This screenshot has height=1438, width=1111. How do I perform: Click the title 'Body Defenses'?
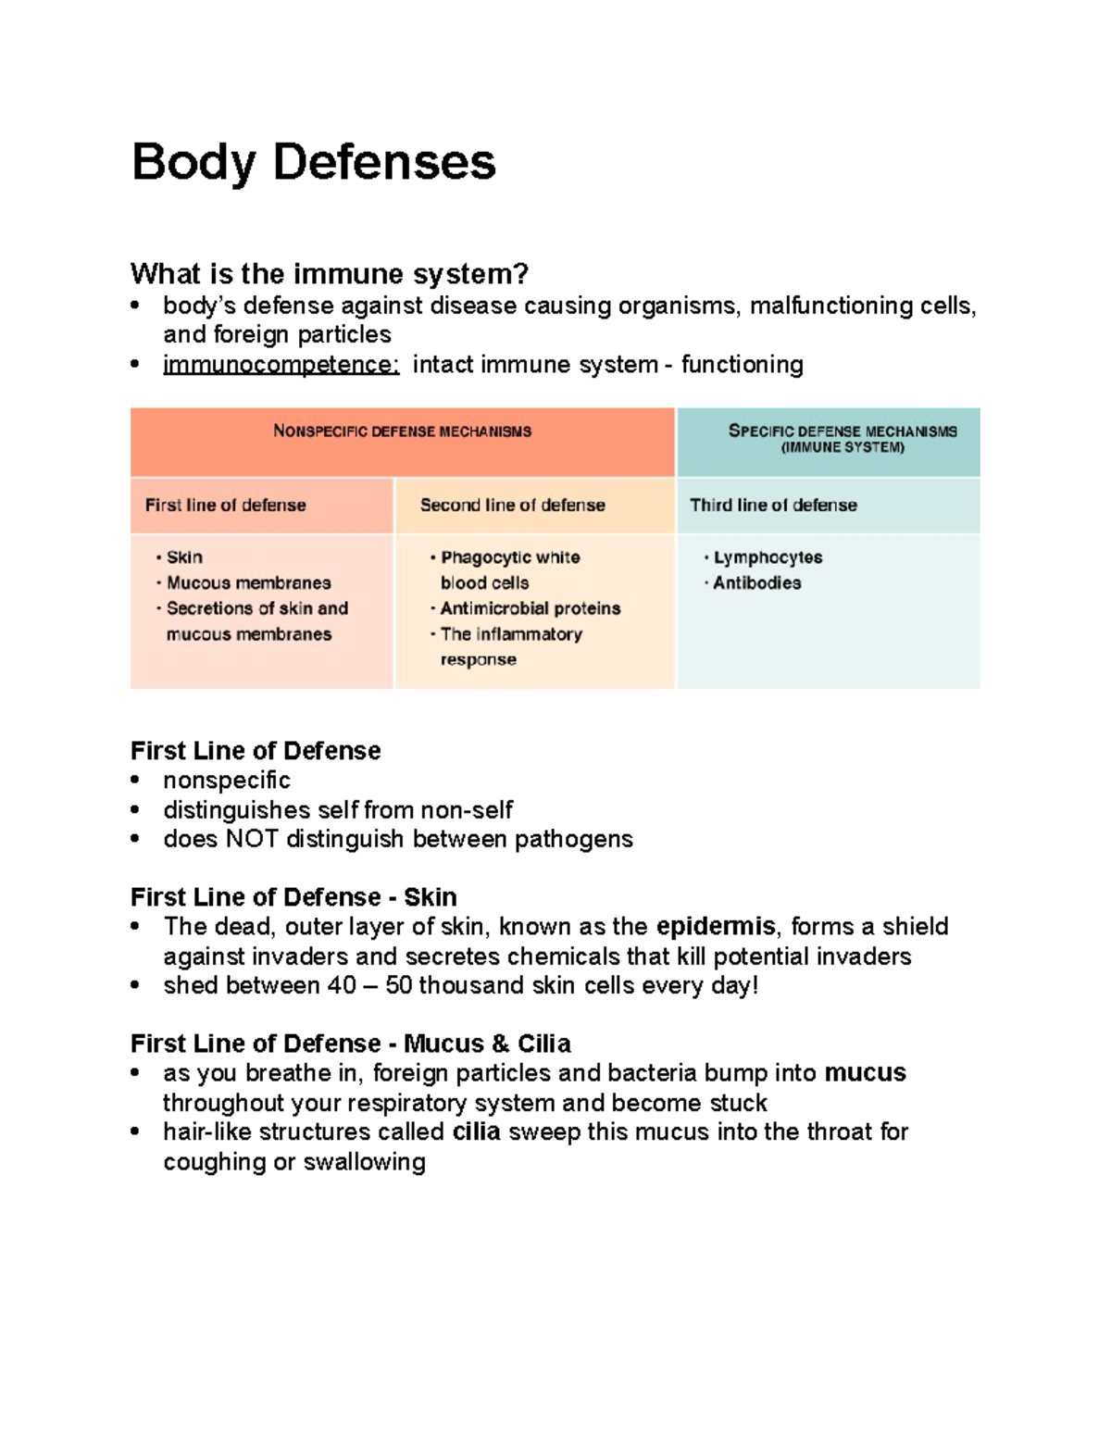point(313,163)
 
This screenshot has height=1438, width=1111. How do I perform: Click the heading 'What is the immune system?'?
point(329,274)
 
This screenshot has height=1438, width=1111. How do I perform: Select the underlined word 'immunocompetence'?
point(281,365)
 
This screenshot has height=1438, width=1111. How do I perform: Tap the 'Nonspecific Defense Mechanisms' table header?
point(402,431)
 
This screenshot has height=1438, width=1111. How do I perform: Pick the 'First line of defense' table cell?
point(225,506)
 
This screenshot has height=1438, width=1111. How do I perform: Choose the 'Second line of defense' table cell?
point(512,506)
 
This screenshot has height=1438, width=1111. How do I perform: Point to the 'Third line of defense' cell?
point(773,506)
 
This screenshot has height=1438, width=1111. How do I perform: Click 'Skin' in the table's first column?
point(184,557)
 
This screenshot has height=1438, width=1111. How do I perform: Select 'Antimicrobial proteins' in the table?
point(530,608)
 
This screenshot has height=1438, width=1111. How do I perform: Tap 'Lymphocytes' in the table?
point(768,557)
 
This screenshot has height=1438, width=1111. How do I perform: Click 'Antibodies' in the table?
point(756,583)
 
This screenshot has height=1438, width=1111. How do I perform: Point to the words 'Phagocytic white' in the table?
point(510,557)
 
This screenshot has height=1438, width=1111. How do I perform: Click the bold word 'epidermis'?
point(716,927)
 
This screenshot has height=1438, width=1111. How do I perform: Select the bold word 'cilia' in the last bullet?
point(476,1132)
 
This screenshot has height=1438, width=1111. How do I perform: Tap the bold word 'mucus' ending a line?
point(865,1073)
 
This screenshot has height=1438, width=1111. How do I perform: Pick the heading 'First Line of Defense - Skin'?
point(293,897)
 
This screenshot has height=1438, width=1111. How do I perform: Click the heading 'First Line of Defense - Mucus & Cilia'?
point(350,1044)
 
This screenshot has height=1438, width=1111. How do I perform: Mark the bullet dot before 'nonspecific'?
point(136,781)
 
